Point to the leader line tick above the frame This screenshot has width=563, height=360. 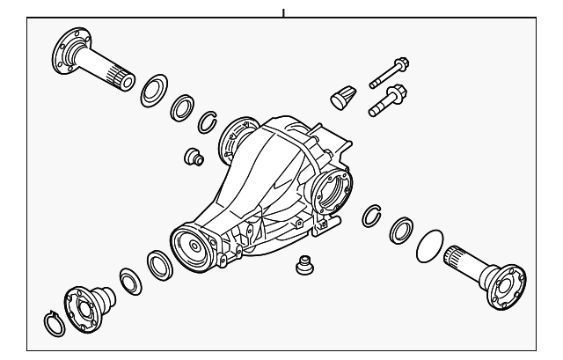(284, 13)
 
